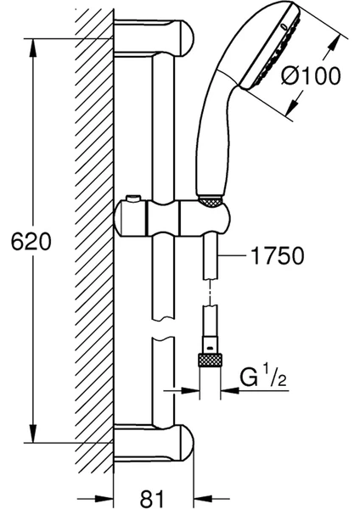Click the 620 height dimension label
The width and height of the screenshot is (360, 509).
31,241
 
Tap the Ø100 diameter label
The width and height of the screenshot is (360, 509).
311,76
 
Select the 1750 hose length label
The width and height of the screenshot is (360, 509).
278,255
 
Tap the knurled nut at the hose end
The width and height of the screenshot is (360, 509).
211,361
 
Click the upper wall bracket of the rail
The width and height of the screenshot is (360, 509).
155,36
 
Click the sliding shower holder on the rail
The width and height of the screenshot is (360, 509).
172,217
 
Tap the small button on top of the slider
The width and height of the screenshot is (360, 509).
134,198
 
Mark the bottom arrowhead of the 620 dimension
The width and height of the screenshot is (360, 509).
33,433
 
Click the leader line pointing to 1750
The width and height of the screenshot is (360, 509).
232,255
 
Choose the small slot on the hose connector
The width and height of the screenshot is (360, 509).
211,349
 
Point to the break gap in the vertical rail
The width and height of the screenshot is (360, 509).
163,327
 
